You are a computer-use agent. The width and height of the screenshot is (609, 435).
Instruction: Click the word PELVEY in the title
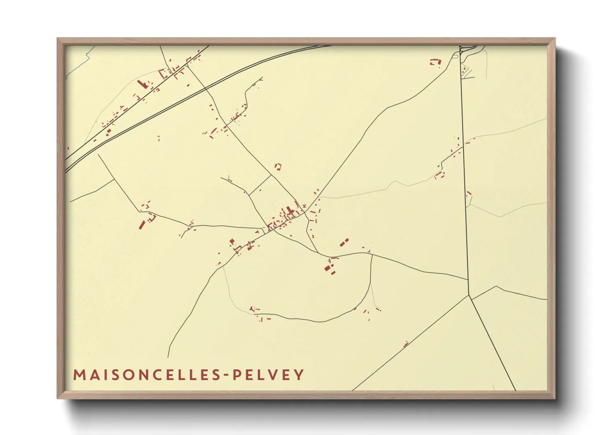tap(268, 375)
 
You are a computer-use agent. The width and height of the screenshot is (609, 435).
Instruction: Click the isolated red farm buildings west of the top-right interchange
tap(435, 62)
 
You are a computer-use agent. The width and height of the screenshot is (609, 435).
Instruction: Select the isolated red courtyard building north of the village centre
tap(279, 166)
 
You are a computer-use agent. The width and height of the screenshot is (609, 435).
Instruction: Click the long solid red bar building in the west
tap(142, 224)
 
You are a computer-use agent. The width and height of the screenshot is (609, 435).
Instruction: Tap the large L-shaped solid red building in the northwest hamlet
tap(142, 84)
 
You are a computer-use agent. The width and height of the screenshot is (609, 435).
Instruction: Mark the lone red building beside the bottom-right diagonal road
tap(406, 344)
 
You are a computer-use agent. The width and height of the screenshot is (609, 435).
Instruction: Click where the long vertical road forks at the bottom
tap(469, 295)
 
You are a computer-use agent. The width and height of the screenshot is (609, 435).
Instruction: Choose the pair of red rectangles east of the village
tap(344, 242)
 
